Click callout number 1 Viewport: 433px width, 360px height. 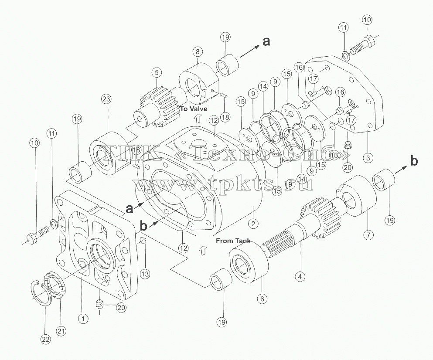(x=83, y=319)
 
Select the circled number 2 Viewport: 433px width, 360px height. (x=253, y=224)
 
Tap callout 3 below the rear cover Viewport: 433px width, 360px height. (x=368, y=158)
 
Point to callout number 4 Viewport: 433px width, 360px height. (x=300, y=276)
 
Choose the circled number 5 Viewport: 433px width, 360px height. (x=157, y=73)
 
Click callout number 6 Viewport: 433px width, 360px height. (x=262, y=299)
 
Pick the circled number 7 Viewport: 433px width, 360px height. (x=368, y=235)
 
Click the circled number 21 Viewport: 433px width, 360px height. (x=61, y=330)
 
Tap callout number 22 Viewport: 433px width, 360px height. (x=46, y=339)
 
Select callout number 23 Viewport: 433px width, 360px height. (x=106, y=99)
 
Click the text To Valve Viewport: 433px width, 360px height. (x=194, y=109)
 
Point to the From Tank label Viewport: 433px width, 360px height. (x=233, y=241)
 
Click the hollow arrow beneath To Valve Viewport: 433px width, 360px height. (x=197, y=119)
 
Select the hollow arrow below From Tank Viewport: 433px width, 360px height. (x=203, y=251)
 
